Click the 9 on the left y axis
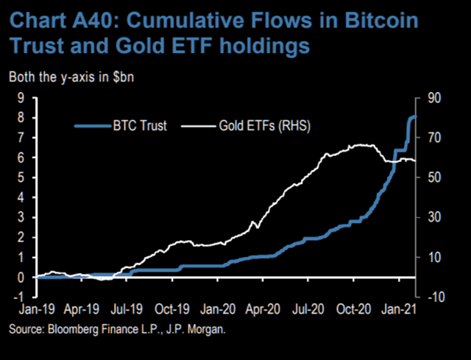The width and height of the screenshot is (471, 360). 21,97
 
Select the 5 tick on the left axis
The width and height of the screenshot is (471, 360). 21,177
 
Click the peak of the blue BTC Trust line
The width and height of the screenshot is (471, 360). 414,117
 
